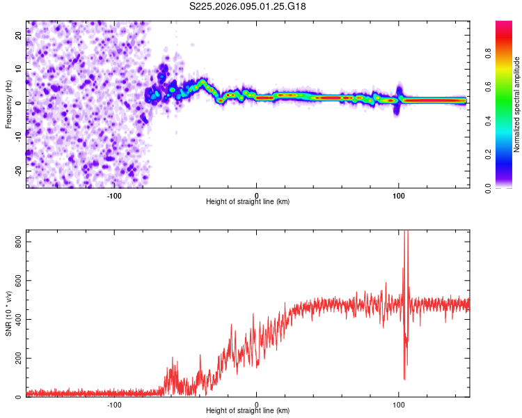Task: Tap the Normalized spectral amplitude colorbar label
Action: (517, 104)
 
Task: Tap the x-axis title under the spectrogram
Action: (248, 201)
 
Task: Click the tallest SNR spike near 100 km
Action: (406, 233)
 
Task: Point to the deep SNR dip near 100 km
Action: (404, 378)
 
